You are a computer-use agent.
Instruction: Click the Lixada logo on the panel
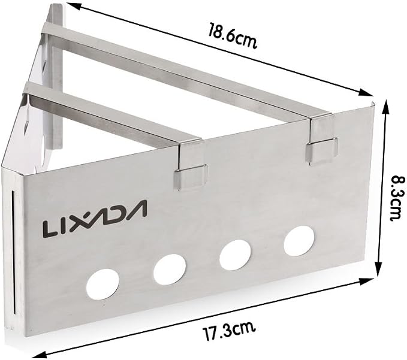tap(95, 219)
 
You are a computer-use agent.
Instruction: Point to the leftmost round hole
tap(102, 284)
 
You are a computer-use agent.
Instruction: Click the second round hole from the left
tap(170, 269)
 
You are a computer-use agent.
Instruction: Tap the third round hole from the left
tap(235, 255)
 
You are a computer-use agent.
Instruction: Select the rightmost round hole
tap(299, 241)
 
